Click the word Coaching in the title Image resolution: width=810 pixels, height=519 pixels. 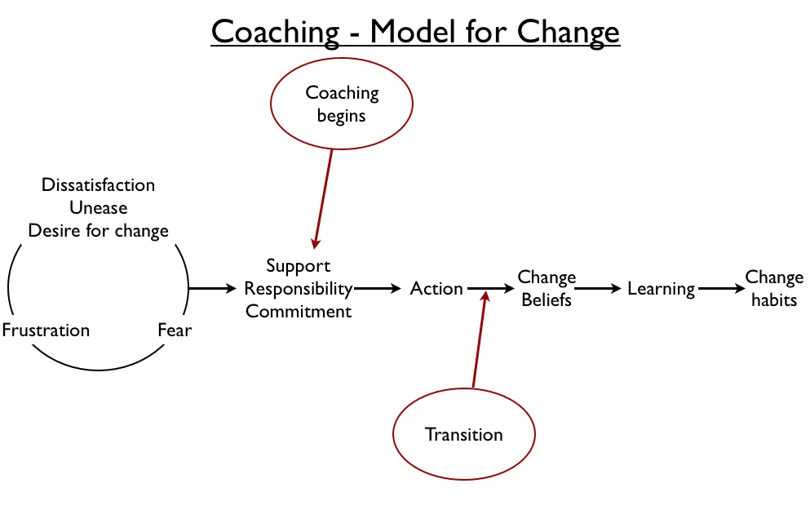tap(276, 32)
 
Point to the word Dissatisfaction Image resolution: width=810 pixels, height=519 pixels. tap(98, 184)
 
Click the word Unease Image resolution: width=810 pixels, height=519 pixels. tap(98, 207)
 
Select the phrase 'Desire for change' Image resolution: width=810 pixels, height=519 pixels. tap(98, 231)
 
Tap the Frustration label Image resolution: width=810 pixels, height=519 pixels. tap(46, 330)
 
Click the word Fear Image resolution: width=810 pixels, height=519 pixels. tap(175, 330)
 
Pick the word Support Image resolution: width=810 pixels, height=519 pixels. tap(298, 266)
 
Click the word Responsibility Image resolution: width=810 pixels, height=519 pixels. tap(298, 288)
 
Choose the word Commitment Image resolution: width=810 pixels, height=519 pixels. tap(298, 311)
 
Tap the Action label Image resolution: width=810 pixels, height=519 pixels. tap(436, 288)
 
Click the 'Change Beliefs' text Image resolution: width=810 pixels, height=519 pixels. tap(547, 288)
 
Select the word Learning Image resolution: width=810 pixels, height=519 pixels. tap(662, 289)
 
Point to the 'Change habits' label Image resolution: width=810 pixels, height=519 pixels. tap(774, 288)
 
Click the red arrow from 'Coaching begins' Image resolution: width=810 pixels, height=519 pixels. tap(323, 199)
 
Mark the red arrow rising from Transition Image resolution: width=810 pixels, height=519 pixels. tap(480, 339)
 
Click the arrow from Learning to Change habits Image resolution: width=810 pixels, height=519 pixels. tap(722, 288)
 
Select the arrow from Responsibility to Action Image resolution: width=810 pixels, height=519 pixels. tap(378, 288)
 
